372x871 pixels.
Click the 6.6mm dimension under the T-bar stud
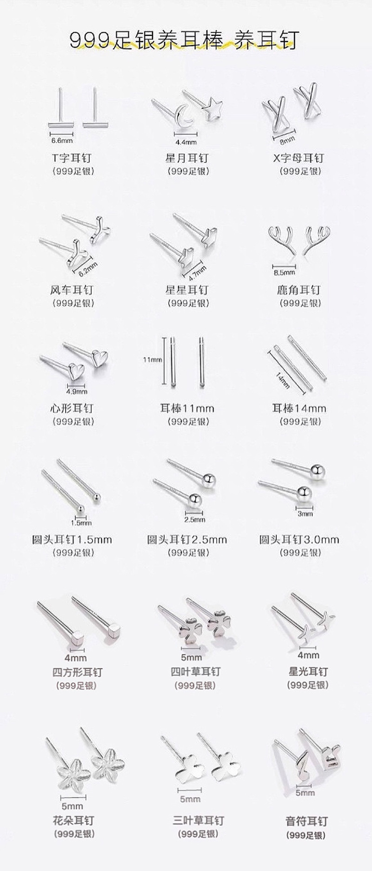click(x=61, y=140)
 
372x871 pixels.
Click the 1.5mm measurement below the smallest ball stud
click(x=81, y=523)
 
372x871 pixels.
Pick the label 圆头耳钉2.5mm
click(x=187, y=540)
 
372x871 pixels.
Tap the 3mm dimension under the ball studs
click(x=305, y=513)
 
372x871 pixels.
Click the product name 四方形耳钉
click(x=77, y=672)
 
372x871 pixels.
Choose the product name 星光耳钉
click(x=308, y=671)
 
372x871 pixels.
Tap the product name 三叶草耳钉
click(x=198, y=820)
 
